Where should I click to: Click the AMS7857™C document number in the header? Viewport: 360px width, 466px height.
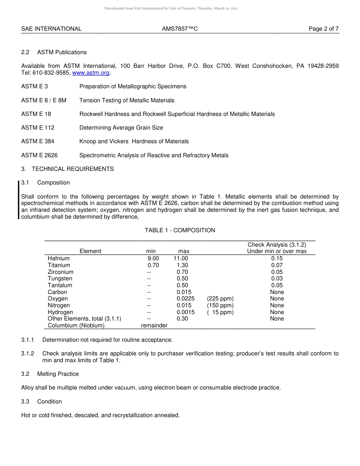[180, 29]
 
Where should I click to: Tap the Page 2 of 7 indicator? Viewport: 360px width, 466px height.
[324, 29]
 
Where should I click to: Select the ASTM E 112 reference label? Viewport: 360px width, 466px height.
[38, 128]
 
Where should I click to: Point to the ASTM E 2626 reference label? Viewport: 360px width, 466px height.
[39, 155]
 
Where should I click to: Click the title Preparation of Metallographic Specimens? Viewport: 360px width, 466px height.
[133, 86]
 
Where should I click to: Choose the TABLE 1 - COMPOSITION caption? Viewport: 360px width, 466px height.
[180, 230]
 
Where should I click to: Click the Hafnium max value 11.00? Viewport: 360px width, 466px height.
[181, 258]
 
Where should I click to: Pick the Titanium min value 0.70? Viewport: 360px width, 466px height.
[153, 265]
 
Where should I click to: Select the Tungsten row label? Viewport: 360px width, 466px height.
[60, 278]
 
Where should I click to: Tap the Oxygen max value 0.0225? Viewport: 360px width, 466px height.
[185, 299]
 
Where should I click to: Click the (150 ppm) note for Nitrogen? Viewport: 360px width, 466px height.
[220, 305]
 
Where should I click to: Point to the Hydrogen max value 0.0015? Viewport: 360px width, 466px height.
[185, 312]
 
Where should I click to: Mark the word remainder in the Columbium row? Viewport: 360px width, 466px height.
[154, 325]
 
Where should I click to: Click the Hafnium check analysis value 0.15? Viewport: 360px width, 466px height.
[277, 258]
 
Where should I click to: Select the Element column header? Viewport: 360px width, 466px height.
[91, 251]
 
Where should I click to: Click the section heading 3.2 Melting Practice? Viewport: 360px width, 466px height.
[50, 374]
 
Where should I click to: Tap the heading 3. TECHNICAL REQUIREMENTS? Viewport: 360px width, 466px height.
[67, 169]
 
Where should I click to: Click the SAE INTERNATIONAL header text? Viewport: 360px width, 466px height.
[51, 29]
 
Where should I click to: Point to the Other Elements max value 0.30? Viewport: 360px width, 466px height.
[182, 319]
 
